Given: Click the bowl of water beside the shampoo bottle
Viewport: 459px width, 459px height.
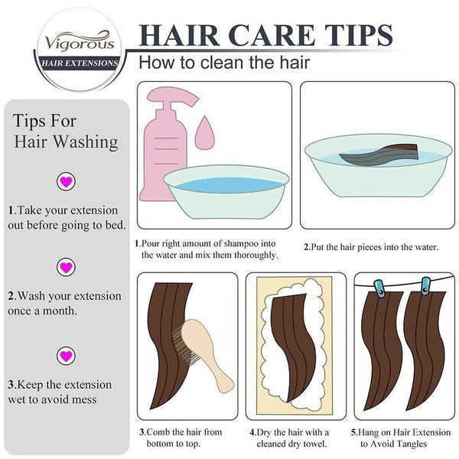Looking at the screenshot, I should [226, 191].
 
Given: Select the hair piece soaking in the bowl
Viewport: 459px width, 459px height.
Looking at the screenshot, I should [377, 155].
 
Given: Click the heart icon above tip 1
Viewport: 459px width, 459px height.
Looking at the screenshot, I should [67, 181].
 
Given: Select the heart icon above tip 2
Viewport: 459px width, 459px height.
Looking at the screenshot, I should [67, 267].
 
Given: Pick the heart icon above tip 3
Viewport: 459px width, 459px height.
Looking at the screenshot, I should [67, 356].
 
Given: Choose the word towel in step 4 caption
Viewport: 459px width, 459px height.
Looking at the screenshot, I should [314, 444].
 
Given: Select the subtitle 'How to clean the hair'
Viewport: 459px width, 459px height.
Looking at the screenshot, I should [223, 62].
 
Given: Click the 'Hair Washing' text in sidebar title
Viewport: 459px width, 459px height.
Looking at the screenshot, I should [67, 142].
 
